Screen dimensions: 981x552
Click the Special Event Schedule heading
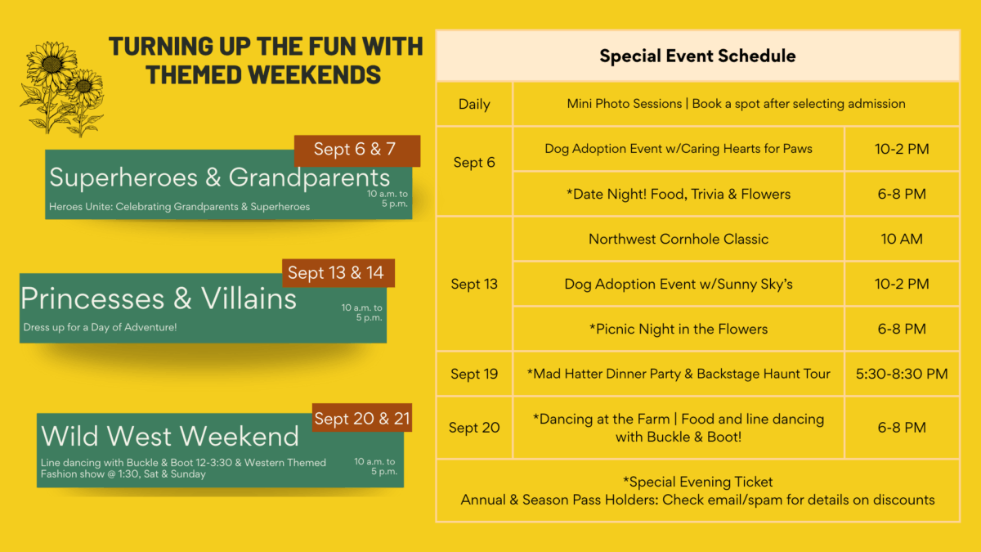click(x=697, y=56)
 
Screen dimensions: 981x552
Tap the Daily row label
click(x=474, y=105)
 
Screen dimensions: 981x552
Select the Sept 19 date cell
click(x=474, y=374)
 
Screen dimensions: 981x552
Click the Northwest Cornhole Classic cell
click(x=679, y=239)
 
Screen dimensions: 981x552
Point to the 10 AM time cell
click(x=902, y=239)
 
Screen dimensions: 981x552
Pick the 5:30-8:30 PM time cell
click(x=902, y=374)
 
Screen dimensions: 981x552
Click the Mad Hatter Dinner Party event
click(x=679, y=374)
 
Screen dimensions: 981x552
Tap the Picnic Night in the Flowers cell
click(x=679, y=329)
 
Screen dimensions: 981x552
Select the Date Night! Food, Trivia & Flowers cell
click(x=679, y=194)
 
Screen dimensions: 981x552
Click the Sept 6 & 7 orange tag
click(x=357, y=150)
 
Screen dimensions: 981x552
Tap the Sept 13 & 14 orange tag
click(x=338, y=273)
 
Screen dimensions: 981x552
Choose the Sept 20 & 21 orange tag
click(x=361, y=418)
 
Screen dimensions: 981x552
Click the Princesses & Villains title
click(x=159, y=298)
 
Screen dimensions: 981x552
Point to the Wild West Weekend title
click(x=170, y=436)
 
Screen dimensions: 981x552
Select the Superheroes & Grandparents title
click(x=219, y=178)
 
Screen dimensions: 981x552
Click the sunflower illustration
click(x=62, y=89)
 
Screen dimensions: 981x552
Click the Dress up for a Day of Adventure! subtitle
click(x=100, y=327)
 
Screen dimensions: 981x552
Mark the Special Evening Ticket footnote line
click(x=697, y=482)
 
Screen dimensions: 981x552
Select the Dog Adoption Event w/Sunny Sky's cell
click(x=679, y=284)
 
